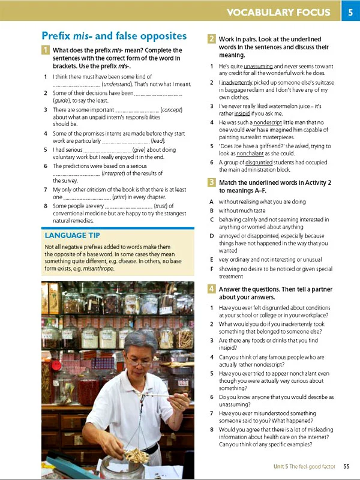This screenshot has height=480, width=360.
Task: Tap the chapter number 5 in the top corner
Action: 350,11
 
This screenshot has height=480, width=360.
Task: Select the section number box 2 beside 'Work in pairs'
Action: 212,39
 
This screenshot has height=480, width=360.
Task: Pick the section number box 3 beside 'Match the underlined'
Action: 212,181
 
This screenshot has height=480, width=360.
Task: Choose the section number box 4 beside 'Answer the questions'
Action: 212,289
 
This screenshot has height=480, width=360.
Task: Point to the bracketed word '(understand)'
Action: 121,85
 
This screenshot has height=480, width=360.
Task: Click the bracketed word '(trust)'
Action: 160,206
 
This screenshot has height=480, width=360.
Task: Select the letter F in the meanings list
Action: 211,269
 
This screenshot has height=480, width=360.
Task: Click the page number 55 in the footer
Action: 346,466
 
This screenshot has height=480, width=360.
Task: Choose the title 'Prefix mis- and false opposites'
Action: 114,36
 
